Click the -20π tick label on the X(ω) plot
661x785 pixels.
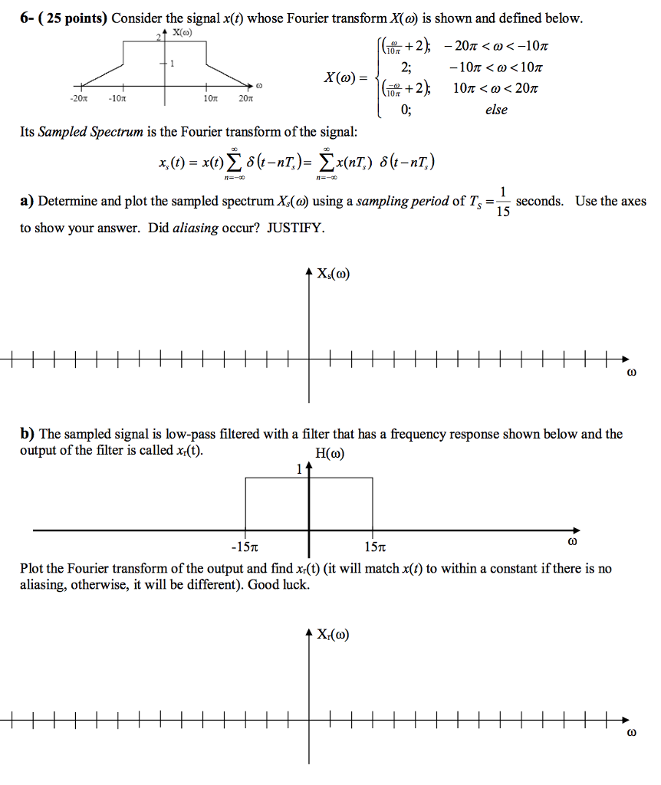[78, 99]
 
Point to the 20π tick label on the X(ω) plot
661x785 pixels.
[245, 99]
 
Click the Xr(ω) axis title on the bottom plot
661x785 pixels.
[332, 635]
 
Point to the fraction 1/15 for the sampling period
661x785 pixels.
[502, 202]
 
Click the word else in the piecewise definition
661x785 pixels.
[496, 110]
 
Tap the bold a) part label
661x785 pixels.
[27, 202]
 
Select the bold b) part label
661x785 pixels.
[27, 434]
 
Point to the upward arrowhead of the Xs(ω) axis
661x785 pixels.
[309, 271]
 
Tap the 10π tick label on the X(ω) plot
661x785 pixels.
[207, 99]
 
